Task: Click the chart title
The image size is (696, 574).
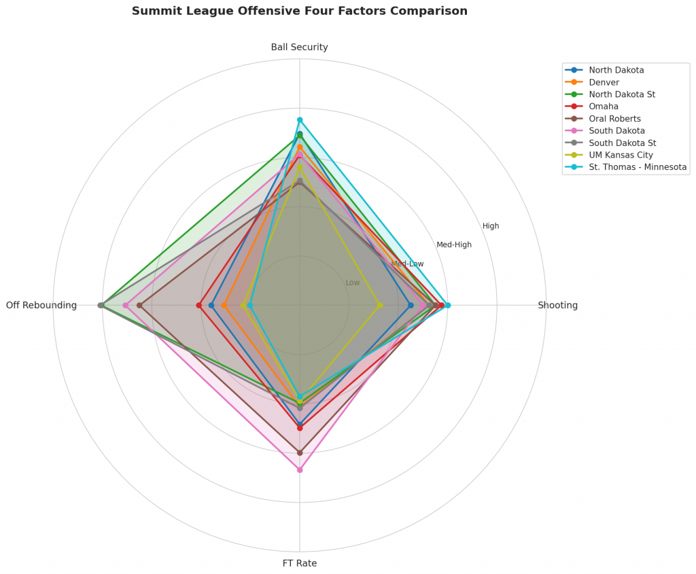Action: tap(299, 12)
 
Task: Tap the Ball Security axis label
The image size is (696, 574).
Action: tap(299, 48)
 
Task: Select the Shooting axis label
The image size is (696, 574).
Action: tap(557, 306)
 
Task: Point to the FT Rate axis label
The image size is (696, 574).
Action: tap(299, 563)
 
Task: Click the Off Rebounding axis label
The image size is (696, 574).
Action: tap(41, 306)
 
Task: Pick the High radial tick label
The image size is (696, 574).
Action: tap(491, 226)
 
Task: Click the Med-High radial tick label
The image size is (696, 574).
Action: tap(454, 245)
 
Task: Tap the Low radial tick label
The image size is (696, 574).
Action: tap(353, 283)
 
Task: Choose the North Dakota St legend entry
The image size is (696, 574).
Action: tap(622, 94)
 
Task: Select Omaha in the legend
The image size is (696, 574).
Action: tap(604, 107)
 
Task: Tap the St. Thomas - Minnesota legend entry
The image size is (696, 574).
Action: tap(638, 167)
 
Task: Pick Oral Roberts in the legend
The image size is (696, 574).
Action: tap(614, 119)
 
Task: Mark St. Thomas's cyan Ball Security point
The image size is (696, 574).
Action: tap(300, 120)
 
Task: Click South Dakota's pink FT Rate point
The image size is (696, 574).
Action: tap(300, 470)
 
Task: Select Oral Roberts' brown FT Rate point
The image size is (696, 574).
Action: tap(300, 452)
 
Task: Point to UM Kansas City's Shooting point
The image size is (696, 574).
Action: tap(379, 305)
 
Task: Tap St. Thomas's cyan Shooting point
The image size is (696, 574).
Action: tap(447, 305)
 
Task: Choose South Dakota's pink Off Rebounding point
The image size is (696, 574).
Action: tap(126, 305)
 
